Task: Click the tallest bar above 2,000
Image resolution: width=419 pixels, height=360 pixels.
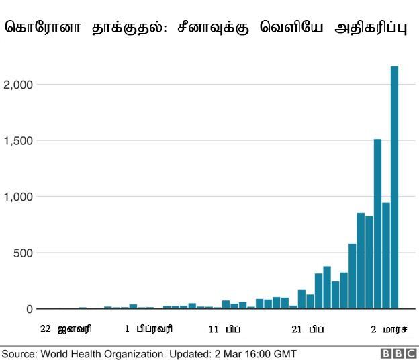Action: (x=394, y=188)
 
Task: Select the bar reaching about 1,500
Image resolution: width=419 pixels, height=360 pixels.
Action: (x=377, y=224)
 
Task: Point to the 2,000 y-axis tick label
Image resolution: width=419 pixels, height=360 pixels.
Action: (x=19, y=85)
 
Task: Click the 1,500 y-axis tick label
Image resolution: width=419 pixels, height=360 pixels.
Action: (x=19, y=141)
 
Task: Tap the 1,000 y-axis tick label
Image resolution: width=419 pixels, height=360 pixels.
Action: (x=19, y=197)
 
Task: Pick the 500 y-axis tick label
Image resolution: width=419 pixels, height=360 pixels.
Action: (x=24, y=253)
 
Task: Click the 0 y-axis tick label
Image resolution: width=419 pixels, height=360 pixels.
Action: (x=30, y=310)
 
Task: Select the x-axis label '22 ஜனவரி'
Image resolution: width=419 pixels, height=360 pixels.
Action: (x=66, y=329)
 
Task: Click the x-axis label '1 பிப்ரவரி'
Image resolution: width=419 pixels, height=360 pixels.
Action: (x=148, y=329)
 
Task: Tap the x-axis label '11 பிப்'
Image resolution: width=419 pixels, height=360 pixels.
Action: (x=225, y=329)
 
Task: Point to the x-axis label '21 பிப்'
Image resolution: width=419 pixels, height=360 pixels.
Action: (x=308, y=329)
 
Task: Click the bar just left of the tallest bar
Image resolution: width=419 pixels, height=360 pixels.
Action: (x=386, y=256)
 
